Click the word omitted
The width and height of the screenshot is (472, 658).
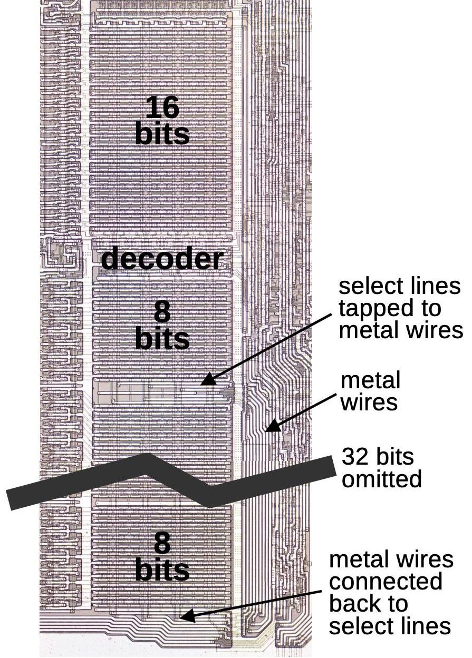[x=382, y=479]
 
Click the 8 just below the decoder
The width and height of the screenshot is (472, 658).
[x=162, y=312]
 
